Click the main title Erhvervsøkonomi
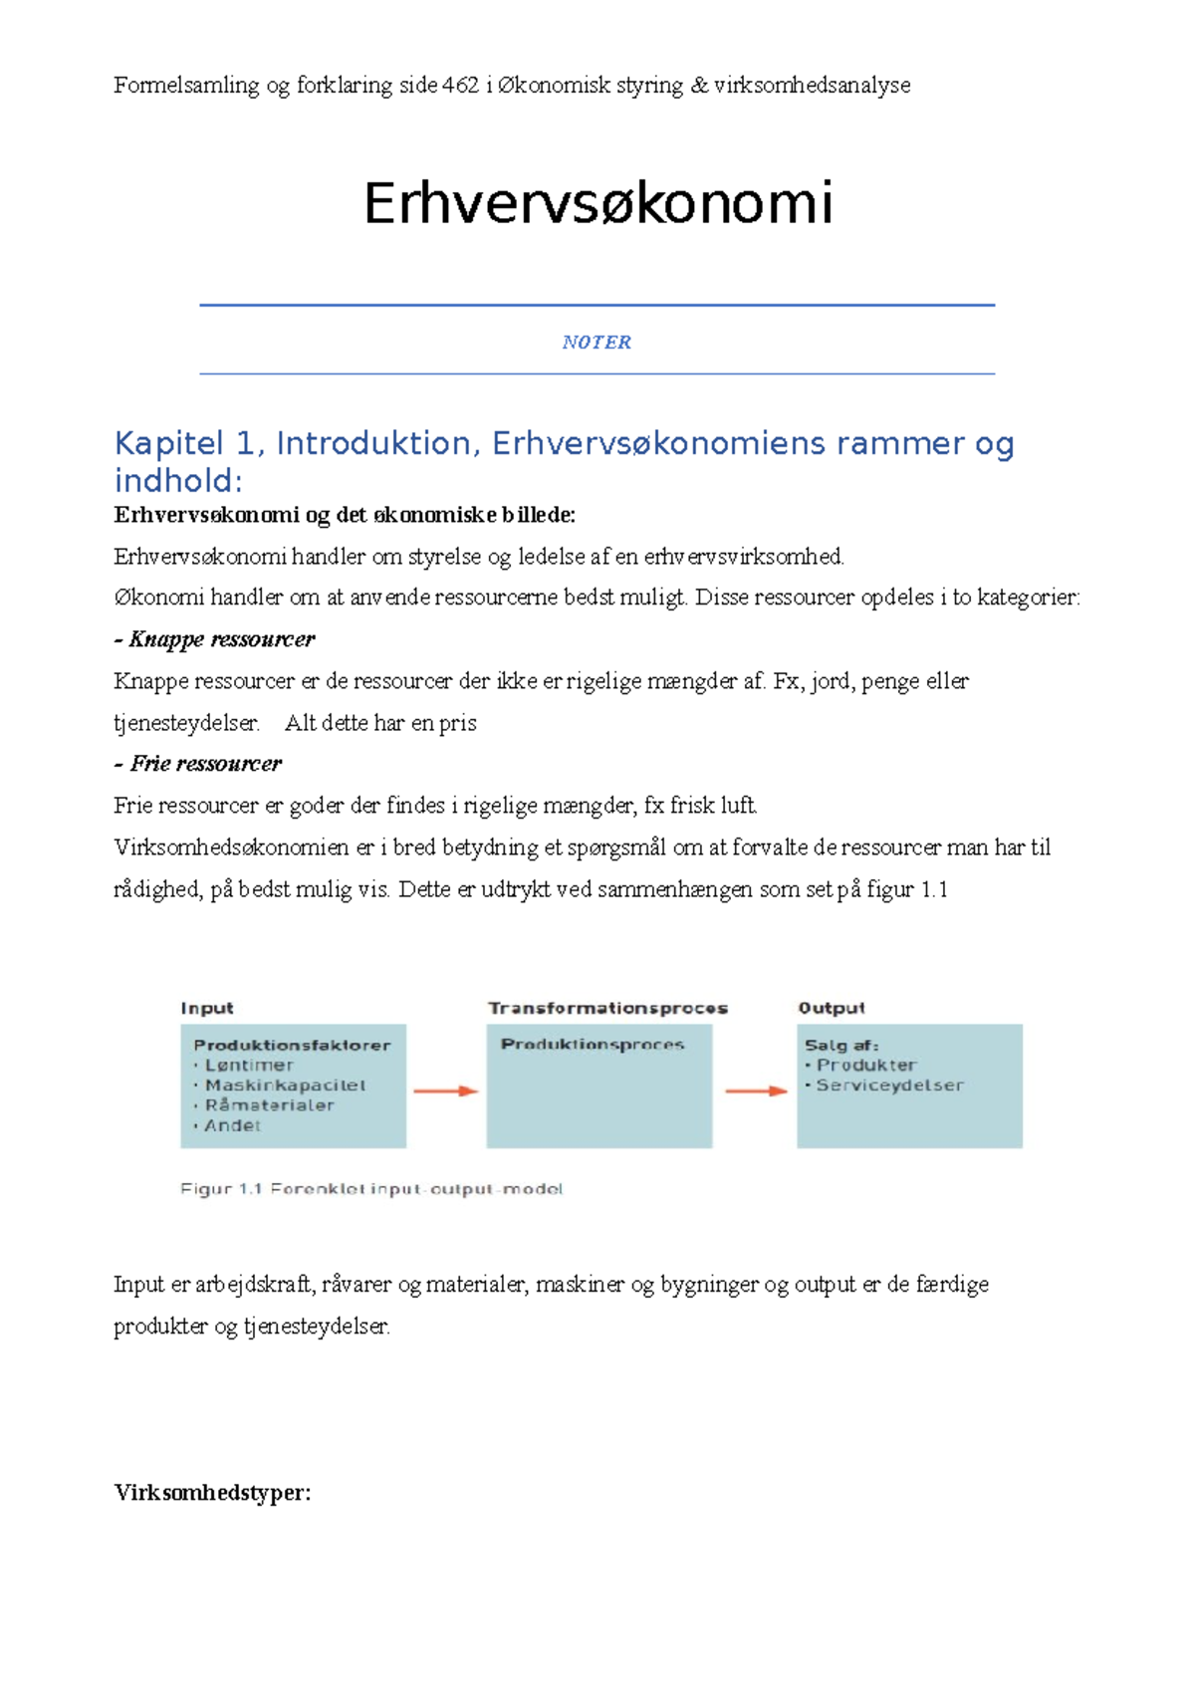(597, 203)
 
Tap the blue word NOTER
(597, 343)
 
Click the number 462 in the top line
(460, 86)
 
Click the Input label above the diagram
(207, 1008)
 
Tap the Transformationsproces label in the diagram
(607, 1008)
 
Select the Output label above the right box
(832, 1008)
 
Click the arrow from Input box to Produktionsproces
(445, 1091)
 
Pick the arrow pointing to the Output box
(756, 1091)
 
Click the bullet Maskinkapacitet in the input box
(285, 1086)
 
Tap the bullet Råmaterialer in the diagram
(269, 1105)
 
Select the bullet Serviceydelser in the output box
(889, 1086)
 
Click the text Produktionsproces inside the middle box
(593, 1045)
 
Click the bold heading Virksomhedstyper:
(212, 1493)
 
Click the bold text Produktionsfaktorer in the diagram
(292, 1045)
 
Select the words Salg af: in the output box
(840, 1045)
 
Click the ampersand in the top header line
(698, 86)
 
